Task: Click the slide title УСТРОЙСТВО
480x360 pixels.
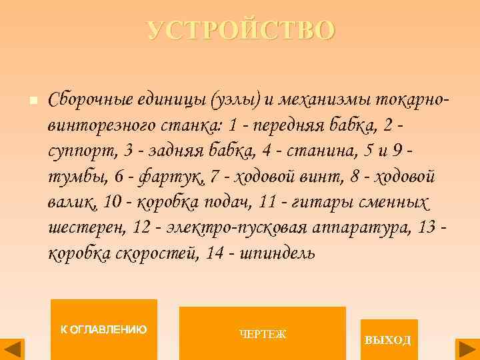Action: pos(241,31)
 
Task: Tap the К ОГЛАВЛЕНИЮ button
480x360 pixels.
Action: pos(104,329)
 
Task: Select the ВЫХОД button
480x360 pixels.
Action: pos(388,339)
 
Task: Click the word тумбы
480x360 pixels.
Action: pos(73,177)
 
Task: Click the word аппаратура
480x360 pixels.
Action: pos(357,228)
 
